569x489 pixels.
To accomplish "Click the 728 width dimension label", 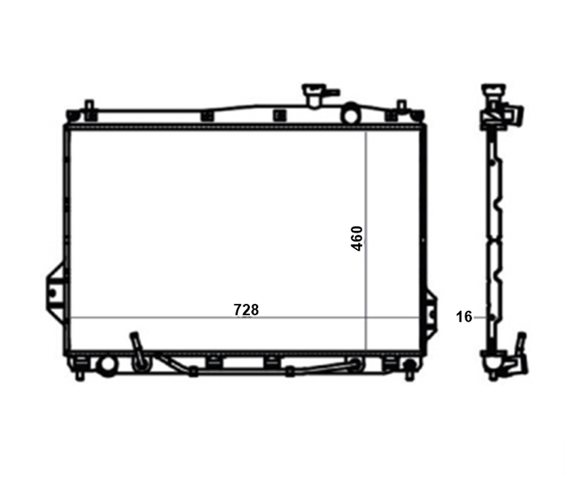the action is (x=247, y=310).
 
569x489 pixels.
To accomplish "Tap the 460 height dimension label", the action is (x=357, y=238).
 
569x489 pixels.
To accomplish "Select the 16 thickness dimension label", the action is (x=464, y=317).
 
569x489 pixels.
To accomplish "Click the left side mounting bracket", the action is (x=54, y=293).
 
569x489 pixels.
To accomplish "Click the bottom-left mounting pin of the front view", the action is (x=79, y=375).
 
